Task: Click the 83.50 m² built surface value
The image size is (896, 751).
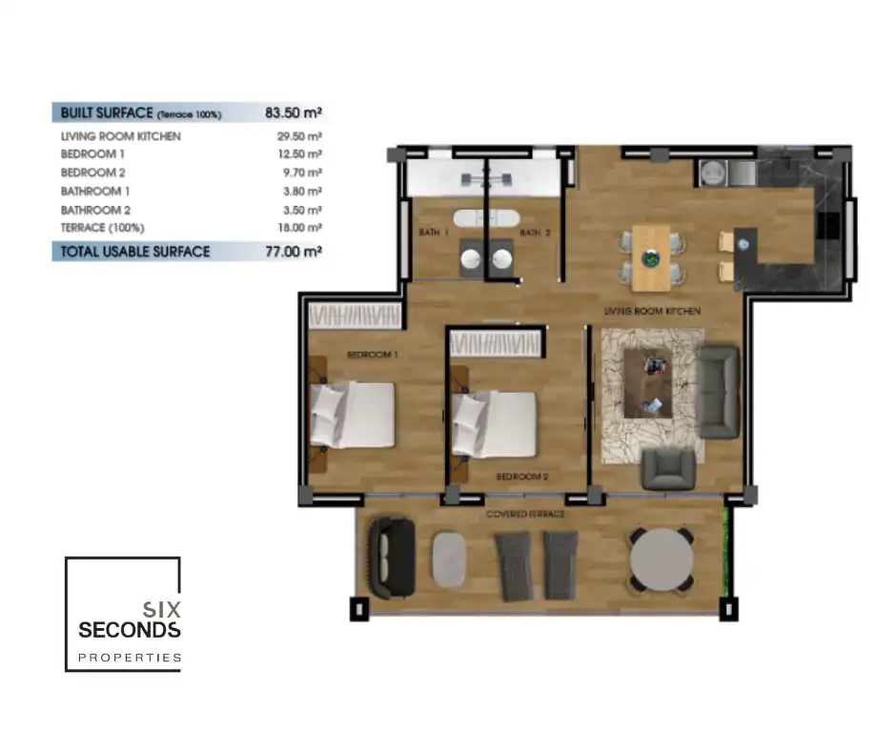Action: click(294, 112)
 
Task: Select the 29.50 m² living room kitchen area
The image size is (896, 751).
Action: click(299, 136)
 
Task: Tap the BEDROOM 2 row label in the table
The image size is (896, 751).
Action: click(92, 173)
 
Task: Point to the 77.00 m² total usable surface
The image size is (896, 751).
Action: click(294, 252)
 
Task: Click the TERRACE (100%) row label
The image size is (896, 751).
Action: click(102, 228)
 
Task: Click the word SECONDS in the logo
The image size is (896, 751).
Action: click(130, 630)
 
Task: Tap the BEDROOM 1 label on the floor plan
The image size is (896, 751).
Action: click(373, 355)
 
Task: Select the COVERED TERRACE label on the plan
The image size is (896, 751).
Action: click(525, 515)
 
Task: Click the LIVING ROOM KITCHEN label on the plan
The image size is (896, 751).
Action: click(652, 311)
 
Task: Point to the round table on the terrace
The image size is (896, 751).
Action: click(662, 559)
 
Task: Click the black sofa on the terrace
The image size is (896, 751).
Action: click(392, 558)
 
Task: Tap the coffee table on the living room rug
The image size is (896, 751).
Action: click(648, 383)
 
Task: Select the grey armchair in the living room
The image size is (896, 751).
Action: click(668, 469)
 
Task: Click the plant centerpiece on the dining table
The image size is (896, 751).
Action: click(651, 259)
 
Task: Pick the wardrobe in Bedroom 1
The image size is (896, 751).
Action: click(355, 316)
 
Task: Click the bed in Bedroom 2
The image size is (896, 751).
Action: click(495, 423)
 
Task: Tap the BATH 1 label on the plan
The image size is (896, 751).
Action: click(433, 232)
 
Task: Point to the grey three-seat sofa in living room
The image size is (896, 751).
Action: click(719, 392)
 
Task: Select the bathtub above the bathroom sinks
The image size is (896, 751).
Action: click(486, 218)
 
